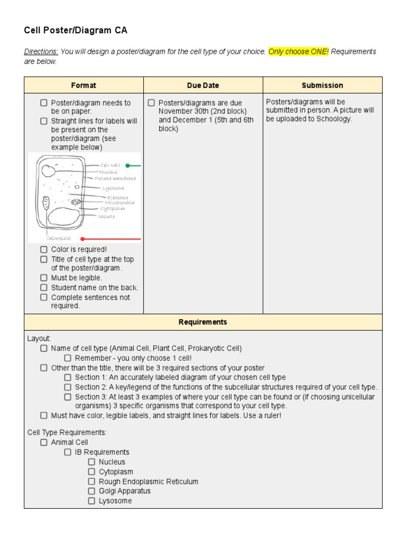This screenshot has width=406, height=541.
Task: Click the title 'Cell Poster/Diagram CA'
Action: click(x=76, y=31)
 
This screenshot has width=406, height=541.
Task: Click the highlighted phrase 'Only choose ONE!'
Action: click(x=298, y=52)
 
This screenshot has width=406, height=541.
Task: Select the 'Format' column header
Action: click(x=84, y=85)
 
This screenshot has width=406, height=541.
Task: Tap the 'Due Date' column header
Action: click(x=203, y=85)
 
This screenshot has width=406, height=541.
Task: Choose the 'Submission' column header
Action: click(x=322, y=85)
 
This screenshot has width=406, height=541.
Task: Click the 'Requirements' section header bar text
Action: click(x=203, y=322)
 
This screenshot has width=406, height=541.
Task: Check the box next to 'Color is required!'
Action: click(x=44, y=249)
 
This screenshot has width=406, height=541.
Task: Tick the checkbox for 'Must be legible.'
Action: click(x=44, y=277)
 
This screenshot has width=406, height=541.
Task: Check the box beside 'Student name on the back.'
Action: click(x=44, y=287)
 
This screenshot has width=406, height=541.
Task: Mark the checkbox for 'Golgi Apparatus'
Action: click(x=91, y=491)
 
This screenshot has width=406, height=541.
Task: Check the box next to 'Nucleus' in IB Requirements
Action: click(x=91, y=462)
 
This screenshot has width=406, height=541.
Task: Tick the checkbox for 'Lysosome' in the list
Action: click(x=91, y=500)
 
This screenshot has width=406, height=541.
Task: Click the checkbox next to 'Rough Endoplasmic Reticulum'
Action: click(x=91, y=481)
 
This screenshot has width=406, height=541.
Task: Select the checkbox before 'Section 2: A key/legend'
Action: click(x=68, y=387)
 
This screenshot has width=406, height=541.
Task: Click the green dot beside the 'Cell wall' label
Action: click(x=127, y=165)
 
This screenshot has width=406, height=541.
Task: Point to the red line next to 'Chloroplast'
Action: click(x=111, y=239)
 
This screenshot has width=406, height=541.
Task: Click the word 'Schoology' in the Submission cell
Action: click(x=333, y=119)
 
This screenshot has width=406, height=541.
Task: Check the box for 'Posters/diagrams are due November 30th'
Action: click(x=152, y=102)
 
